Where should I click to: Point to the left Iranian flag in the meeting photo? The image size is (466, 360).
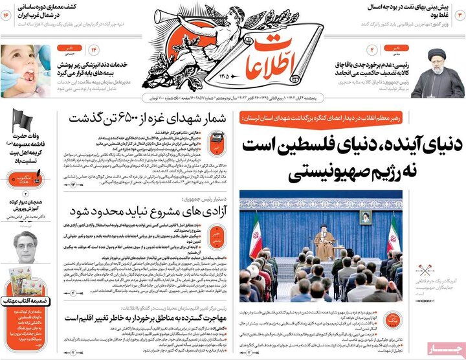click(256, 236)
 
